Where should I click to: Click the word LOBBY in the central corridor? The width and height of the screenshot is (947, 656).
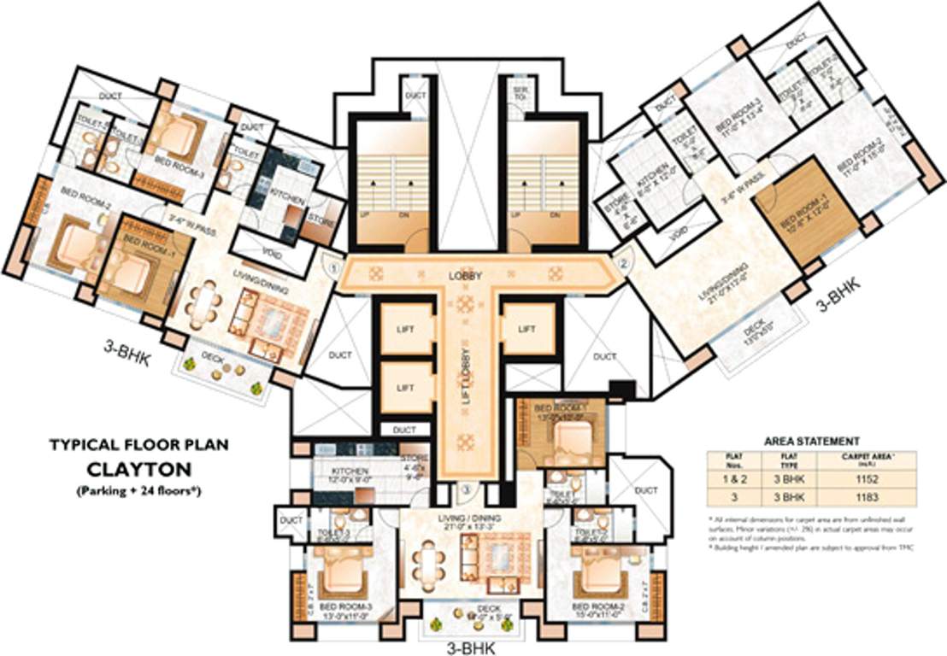click(466, 276)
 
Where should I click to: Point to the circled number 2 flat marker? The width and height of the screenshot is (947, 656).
click(623, 264)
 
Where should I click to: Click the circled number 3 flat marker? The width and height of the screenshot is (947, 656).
click(466, 489)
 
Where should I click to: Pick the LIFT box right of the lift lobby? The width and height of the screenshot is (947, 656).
click(526, 328)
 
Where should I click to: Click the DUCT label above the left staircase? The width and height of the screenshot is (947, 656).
click(415, 96)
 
